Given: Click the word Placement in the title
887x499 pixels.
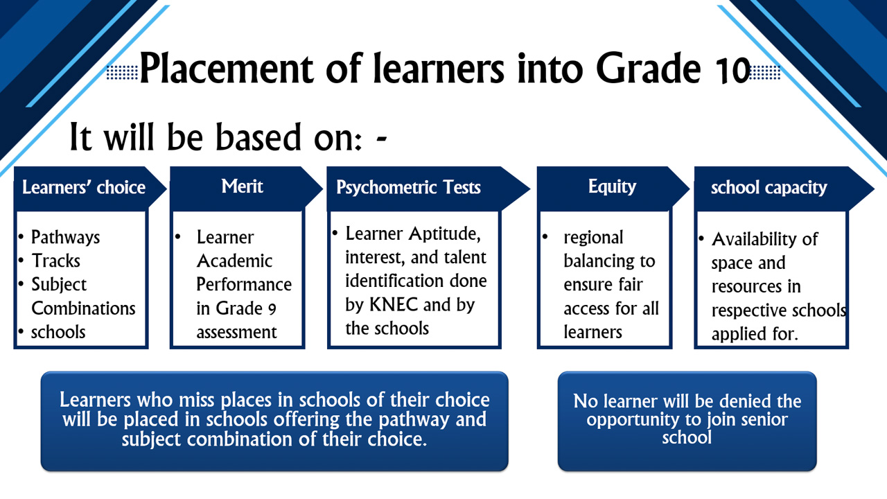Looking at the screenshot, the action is pyautogui.click(x=227, y=68).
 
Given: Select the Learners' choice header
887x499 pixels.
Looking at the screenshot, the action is pyautogui.click(x=84, y=187).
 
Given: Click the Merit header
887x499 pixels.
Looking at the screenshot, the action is pyautogui.click(x=242, y=186).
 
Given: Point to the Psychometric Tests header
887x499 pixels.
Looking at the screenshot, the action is pyautogui.click(x=408, y=187).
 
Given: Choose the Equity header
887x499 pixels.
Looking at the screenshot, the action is pyautogui.click(x=612, y=186).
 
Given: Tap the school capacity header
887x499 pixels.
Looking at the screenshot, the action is pyautogui.click(x=769, y=187).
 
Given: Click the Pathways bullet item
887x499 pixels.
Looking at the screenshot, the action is pyautogui.click(x=65, y=237).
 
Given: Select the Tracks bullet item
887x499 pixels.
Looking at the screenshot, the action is pyautogui.click(x=55, y=261).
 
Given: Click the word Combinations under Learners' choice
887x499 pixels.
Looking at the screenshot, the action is pyautogui.click(x=83, y=308).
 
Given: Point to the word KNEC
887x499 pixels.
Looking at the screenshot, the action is pyautogui.click(x=393, y=304).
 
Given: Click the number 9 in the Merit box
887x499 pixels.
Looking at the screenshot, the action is pyautogui.click(x=272, y=309).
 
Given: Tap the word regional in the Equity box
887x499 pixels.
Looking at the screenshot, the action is pyautogui.click(x=593, y=238).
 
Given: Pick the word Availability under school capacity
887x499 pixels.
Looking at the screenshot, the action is pyautogui.click(x=755, y=239).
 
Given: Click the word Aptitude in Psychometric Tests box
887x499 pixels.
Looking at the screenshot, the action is pyautogui.click(x=444, y=234).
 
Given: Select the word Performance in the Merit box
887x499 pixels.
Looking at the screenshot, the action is pyautogui.click(x=244, y=285).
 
